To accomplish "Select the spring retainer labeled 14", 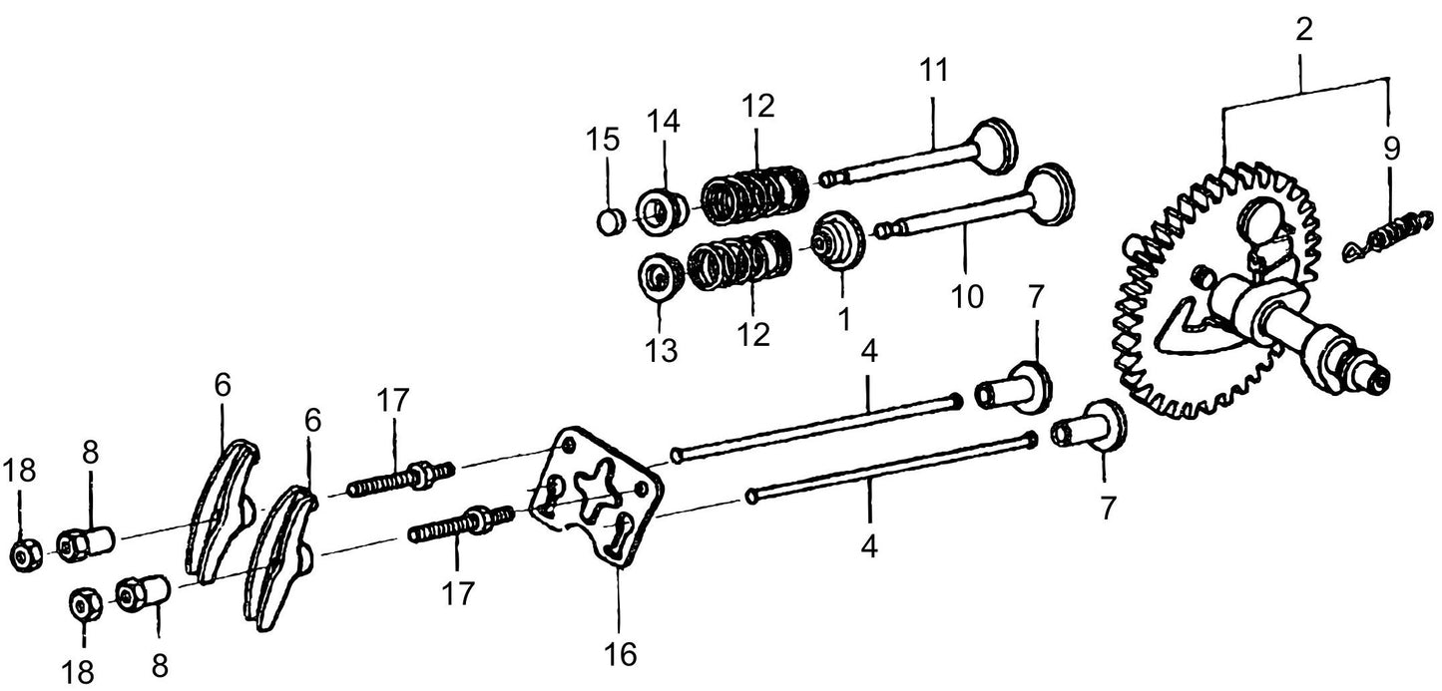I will tap(661, 210).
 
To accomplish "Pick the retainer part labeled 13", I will tap(659, 276).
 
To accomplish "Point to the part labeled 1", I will tap(837, 242).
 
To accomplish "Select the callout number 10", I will tap(967, 296).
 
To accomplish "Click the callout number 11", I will tap(935, 73).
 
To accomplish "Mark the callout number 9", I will tap(1391, 148).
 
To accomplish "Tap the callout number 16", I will tap(620, 654).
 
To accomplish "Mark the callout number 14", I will tap(664, 122).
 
